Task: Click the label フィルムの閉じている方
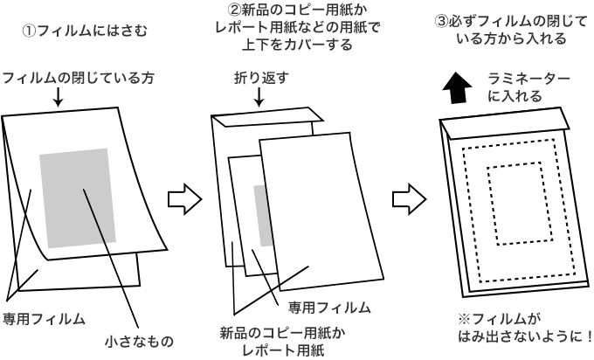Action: click(x=78, y=78)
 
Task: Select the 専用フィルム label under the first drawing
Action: click(x=44, y=317)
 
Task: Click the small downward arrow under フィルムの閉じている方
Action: click(x=57, y=100)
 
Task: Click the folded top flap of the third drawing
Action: click(x=501, y=126)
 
